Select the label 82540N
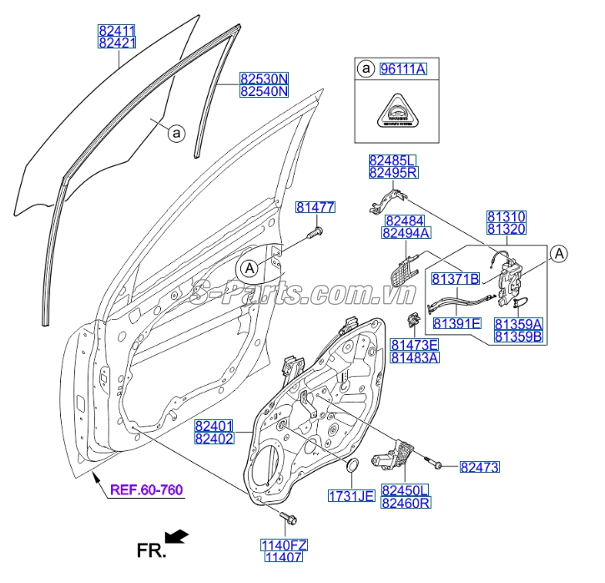pyautogui.click(x=263, y=92)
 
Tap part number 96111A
pyautogui.click(x=403, y=69)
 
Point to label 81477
pyautogui.click(x=315, y=207)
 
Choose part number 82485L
pyautogui.click(x=393, y=160)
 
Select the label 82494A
pyautogui.click(x=406, y=234)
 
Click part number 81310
pyautogui.click(x=507, y=216)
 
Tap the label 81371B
pyautogui.click(x=456, y=278)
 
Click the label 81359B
pyautogui.click(x=517, y=336)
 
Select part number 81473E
pyautogui.click(x=416, y=344)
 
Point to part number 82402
pyautogui.click(x=214, y=439)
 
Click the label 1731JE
pyautogui.click(x=351, y=495)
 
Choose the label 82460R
pyautogui.click(x=406, y=503)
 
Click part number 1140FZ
pyautogui.click(x=285, y=545)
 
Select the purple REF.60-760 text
pyautogui.click(x=147, y=489)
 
